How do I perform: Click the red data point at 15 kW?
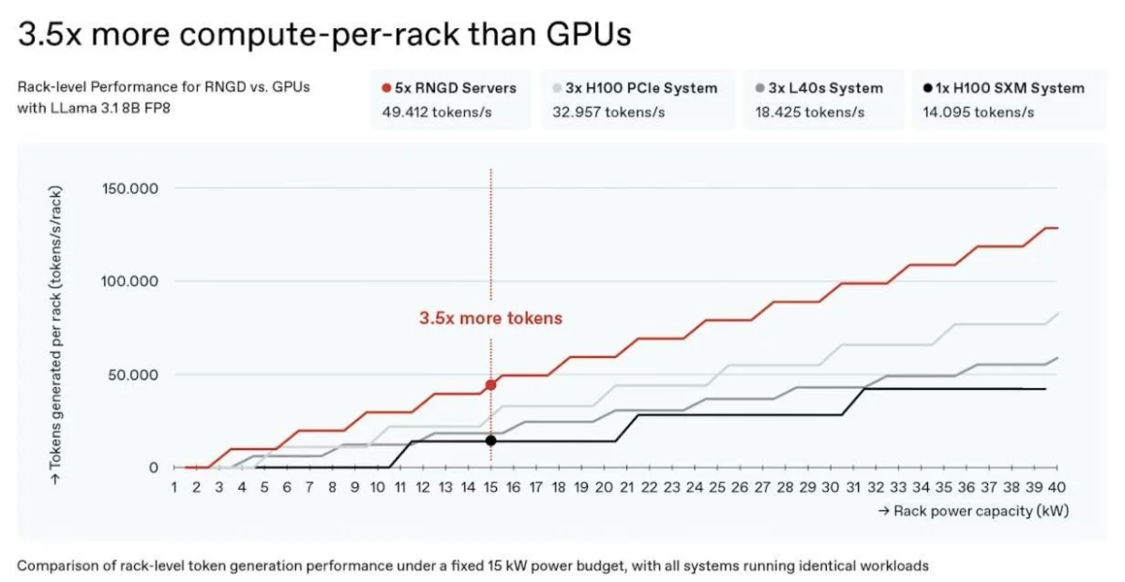point(490,385)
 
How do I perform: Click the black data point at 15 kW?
point(490,440)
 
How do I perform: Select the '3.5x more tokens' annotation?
point(490,319)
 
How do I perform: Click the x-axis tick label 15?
point(490,487)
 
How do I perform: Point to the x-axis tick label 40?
point(1057,487)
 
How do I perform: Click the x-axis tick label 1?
point(173,487)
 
